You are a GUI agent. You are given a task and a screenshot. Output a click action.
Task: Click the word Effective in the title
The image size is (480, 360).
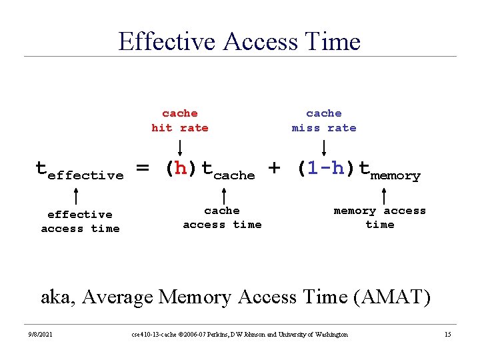(x=167, y=41)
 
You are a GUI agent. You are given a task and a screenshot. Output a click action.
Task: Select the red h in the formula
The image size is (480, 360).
(x=181, y=168)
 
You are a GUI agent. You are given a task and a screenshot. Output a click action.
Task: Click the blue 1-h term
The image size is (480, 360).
(x=326, y=168)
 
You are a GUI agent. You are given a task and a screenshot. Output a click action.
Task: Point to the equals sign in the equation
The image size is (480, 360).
(x=143, y=167)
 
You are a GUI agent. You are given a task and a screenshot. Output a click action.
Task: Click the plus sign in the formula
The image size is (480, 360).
(x=274, y=168)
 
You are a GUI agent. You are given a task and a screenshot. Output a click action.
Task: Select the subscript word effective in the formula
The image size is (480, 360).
(x=86, y=175)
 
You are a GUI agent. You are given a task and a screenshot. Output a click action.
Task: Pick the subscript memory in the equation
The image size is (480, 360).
(x=395, y=176)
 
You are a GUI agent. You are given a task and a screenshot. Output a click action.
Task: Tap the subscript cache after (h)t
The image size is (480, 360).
(x=234, y=175)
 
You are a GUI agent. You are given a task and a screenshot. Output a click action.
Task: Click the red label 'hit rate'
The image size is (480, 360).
(x=180, y=127)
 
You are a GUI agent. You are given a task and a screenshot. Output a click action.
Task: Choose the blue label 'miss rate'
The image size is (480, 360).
(x=324, y=127)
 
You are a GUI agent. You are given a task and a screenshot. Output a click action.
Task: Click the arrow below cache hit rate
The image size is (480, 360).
(x=180, y=148)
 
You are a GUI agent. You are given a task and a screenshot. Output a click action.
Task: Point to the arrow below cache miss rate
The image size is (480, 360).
(x=324, y=148)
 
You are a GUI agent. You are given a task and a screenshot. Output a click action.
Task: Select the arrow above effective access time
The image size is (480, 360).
(x=76, y=196)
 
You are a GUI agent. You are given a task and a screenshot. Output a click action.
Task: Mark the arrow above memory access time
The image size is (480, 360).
(x=384, y=196)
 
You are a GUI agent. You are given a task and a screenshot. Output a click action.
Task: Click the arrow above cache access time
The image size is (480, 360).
(x=224, y=196)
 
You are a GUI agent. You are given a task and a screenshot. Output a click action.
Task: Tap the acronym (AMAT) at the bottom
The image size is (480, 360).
(x=392, y=297)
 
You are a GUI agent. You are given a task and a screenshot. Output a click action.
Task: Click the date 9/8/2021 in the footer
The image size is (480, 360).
(x=41, y=334)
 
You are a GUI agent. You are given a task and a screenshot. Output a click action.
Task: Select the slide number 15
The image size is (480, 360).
(x=448, y=334)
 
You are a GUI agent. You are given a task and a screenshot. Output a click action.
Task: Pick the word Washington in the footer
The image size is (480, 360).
(x=331, y=334)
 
